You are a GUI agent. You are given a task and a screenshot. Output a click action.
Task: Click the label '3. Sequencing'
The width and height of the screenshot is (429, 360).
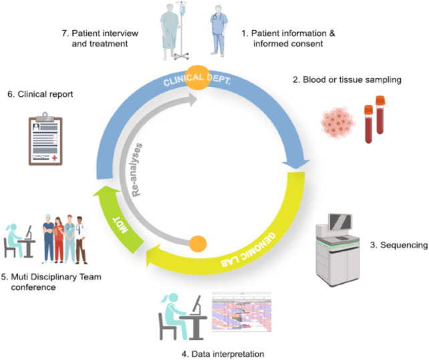coord(398,246)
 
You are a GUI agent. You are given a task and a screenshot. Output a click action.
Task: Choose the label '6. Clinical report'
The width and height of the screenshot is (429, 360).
coord(39,94)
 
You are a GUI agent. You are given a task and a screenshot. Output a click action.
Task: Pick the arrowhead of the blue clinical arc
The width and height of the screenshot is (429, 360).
coord(295,164)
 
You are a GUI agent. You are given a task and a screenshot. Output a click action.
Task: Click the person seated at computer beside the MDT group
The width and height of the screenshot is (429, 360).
coord(18,240)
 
